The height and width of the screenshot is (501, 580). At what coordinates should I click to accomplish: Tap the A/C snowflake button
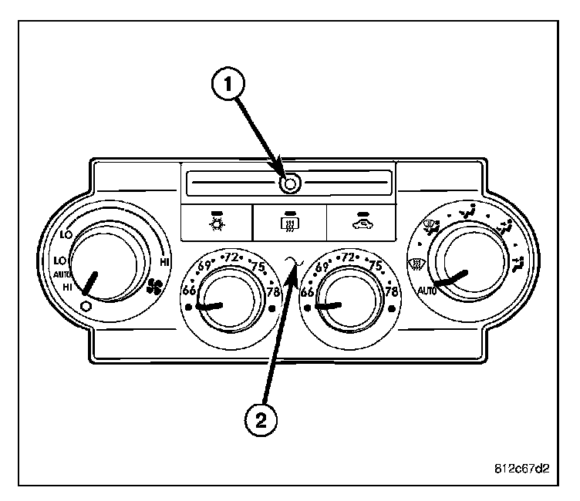pyautogui.click(x=215, y=222)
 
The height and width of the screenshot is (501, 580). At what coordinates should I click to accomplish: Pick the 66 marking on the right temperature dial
pyautogui.click(x=308, y=291)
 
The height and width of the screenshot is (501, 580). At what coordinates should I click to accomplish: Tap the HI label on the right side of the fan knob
pyautogui.click(x=164, y=262)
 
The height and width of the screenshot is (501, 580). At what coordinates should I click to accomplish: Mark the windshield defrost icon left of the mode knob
pyautogui.click(x=413, y=264)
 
